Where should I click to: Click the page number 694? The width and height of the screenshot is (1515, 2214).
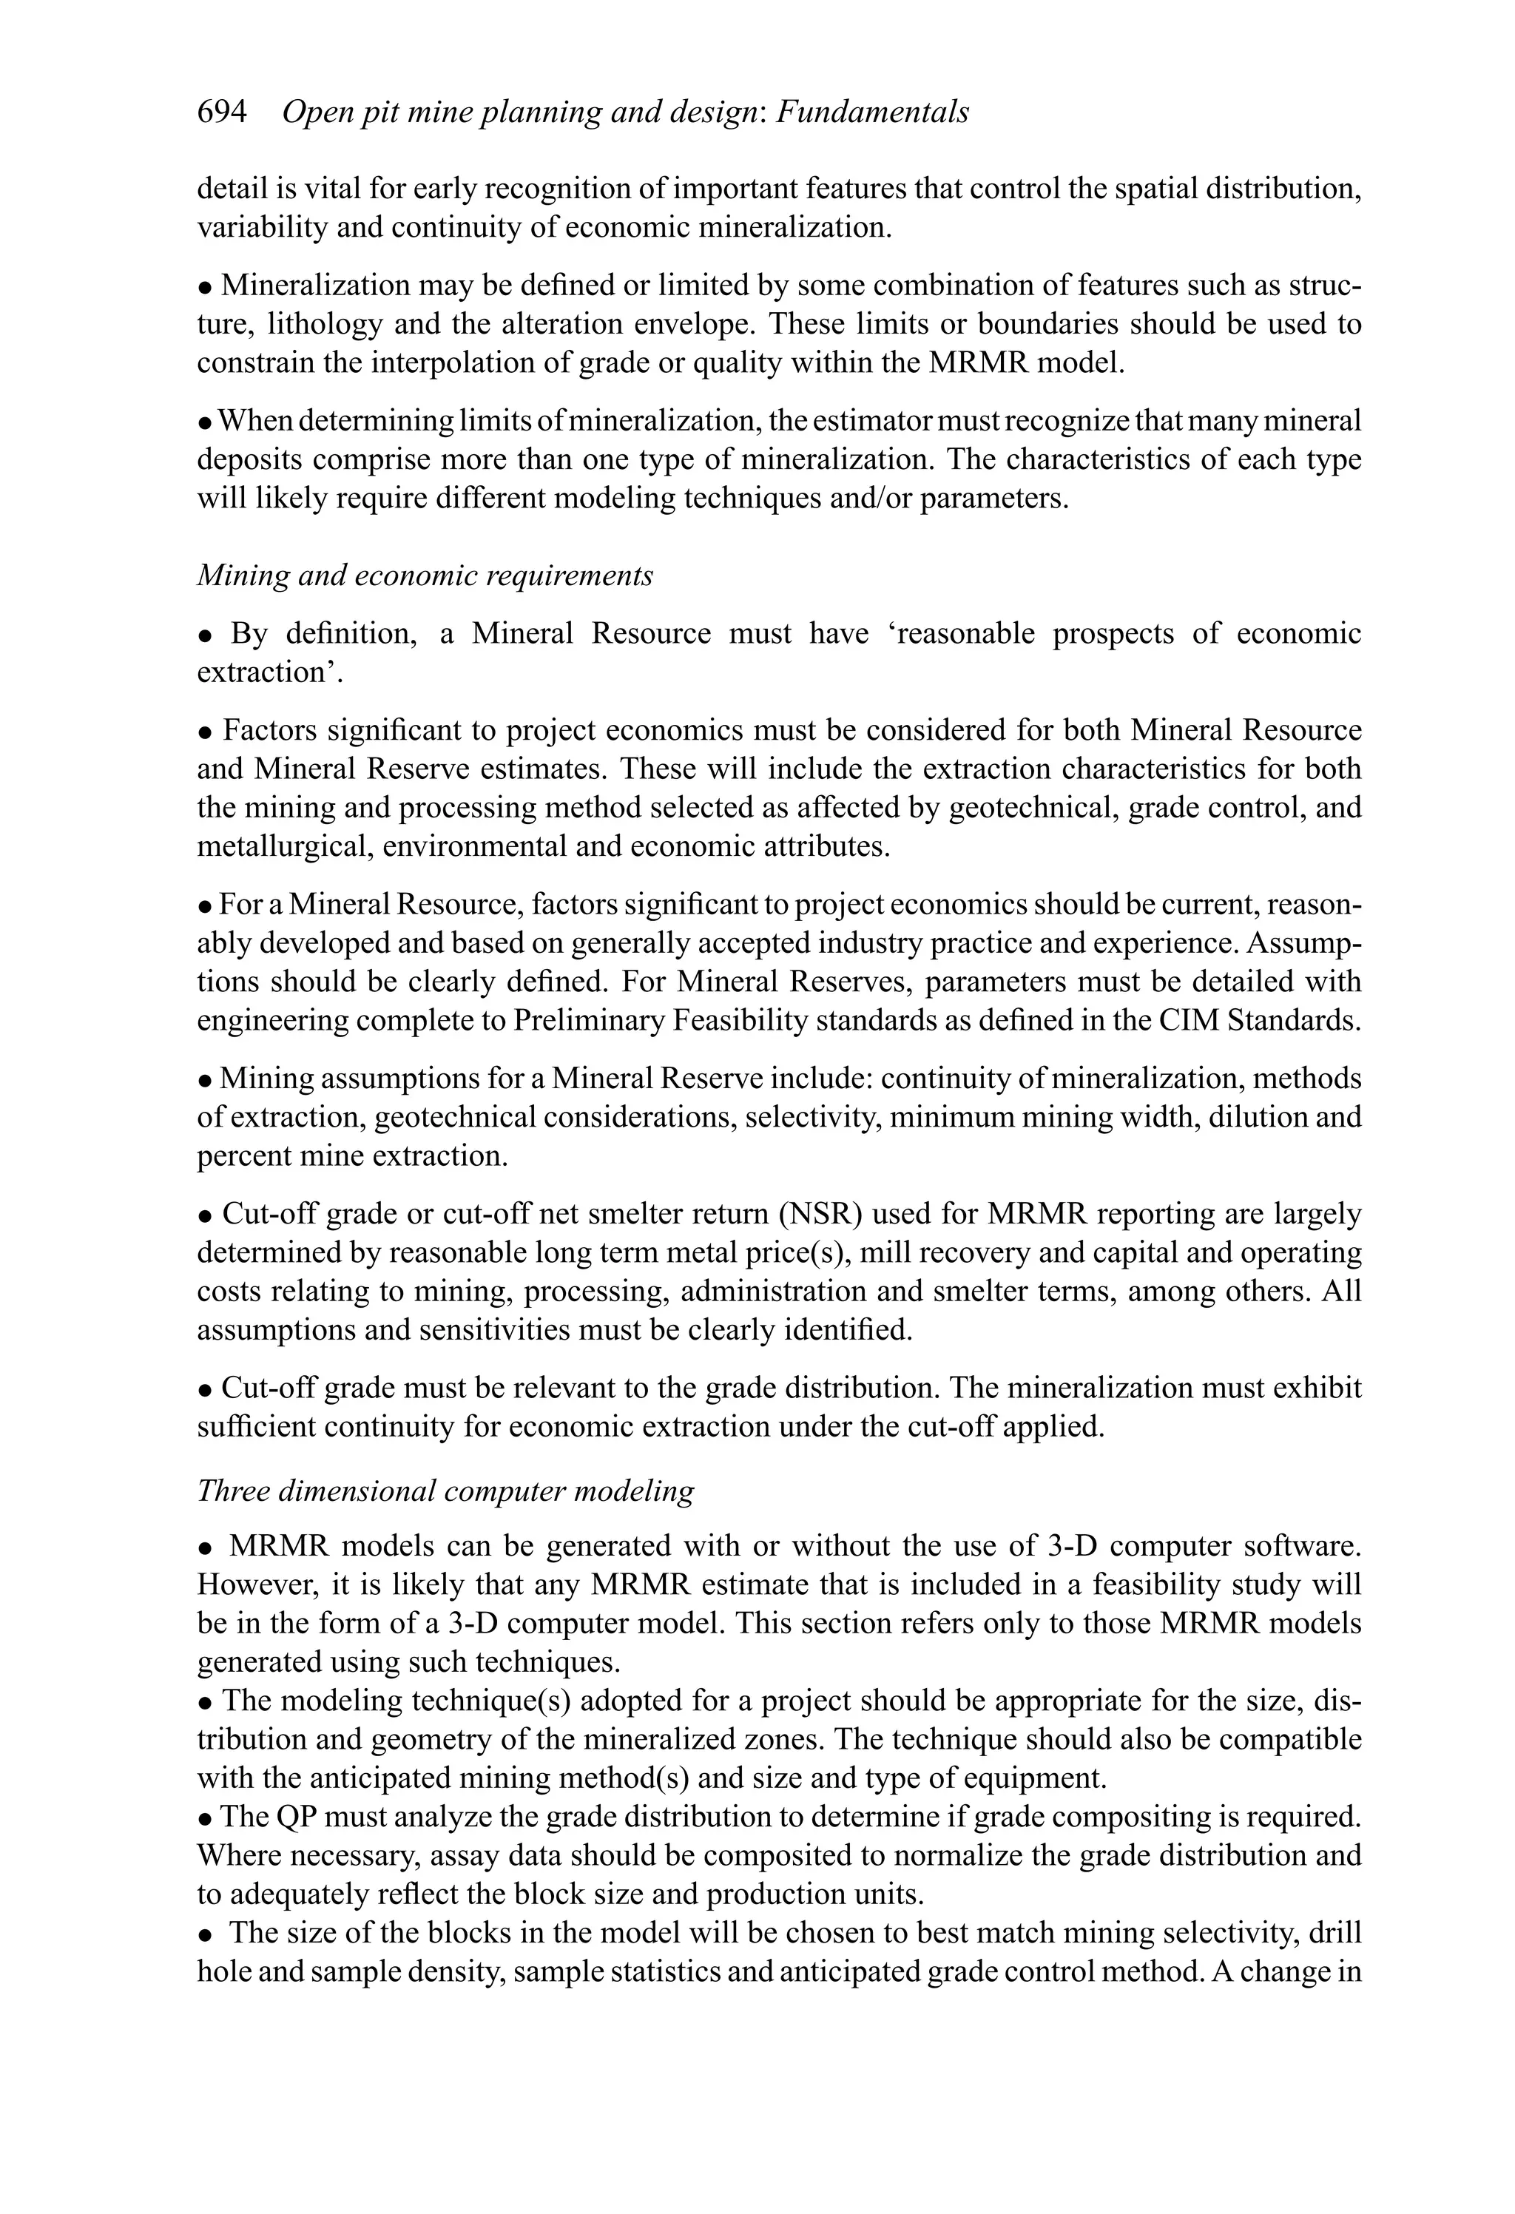coord(221,112)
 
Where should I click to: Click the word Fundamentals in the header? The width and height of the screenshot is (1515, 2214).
coord(873,112)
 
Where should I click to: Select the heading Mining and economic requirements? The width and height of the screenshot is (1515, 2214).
coord(425,576)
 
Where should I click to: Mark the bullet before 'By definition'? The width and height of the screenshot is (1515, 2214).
coord(205,635)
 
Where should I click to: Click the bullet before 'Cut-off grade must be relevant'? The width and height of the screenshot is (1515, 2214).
coord(205,1390)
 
